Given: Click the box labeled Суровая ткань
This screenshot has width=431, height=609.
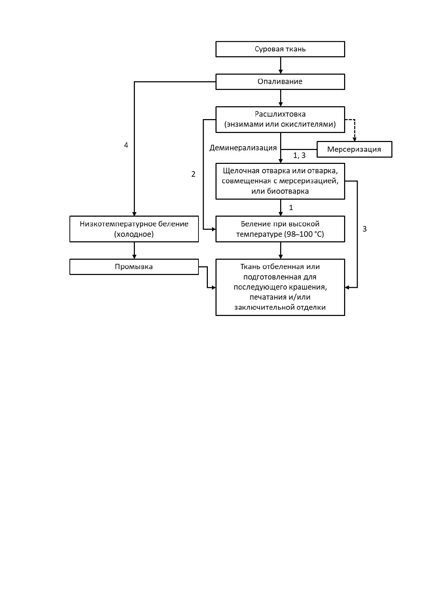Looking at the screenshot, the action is coord(280,49).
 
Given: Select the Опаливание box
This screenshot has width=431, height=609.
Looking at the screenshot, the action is coord(280,82).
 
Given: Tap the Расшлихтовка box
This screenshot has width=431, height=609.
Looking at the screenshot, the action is coord(280,119).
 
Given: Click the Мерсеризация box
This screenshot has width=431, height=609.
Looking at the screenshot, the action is coord(355,149).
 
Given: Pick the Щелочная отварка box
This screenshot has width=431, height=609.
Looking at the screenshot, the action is coord(280,181).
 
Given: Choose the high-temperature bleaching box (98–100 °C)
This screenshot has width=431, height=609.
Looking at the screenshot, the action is coord(280,229).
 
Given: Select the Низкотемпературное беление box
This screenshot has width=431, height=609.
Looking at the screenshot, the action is coord(134,229).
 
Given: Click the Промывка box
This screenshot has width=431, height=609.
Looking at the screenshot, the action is coord(134,267).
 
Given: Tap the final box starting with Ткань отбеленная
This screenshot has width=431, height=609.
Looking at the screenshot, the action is coord(280,287).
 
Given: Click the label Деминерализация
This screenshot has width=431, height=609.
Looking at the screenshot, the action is coord(243,148).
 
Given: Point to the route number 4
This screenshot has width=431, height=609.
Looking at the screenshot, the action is coord(126,145).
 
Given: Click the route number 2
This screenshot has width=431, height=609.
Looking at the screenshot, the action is coord(194,174).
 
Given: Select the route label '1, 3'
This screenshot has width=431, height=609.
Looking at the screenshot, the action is coord(299,156).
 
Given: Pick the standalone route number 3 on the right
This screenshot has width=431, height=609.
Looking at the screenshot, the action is coord(365,229).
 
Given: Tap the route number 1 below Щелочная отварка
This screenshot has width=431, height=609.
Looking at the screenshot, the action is coord(291,208).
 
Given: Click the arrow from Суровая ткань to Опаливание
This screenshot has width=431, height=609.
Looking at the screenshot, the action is coord(280,65).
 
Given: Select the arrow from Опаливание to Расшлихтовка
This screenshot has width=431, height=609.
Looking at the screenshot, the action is coord(280,98).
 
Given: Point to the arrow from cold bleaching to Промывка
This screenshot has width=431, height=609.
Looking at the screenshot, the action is coord(134,250).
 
